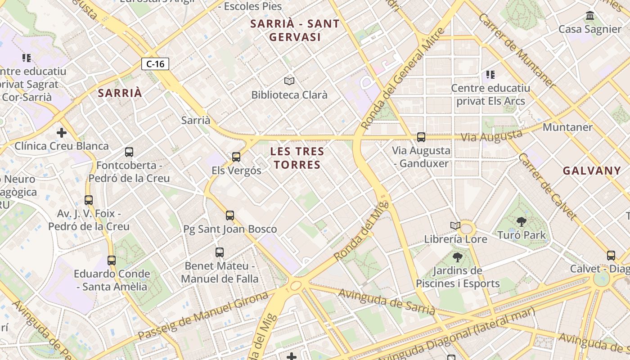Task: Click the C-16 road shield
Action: [155, 64]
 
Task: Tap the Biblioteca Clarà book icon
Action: [289, 81]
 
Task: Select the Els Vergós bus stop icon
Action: [236, 157]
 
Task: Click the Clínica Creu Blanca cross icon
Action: [62, 133]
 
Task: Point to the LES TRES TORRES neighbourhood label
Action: [297, 158]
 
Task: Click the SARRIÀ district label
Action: [120, 93]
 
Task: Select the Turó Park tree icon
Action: [522, 221]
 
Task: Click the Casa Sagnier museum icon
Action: [590, 16]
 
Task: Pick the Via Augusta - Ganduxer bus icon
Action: [421, 137]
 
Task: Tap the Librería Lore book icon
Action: [455, 225]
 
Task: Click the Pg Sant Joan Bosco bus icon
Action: [230, 216]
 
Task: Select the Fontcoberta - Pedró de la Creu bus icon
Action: [129, 152]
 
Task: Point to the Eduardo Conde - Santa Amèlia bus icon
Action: [112, 260]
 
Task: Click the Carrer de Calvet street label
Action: [547, 187]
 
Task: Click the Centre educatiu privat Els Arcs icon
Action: [490, 74]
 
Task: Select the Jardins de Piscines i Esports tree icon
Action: [458, 257]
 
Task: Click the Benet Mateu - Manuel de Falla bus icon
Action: [220, 252]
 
